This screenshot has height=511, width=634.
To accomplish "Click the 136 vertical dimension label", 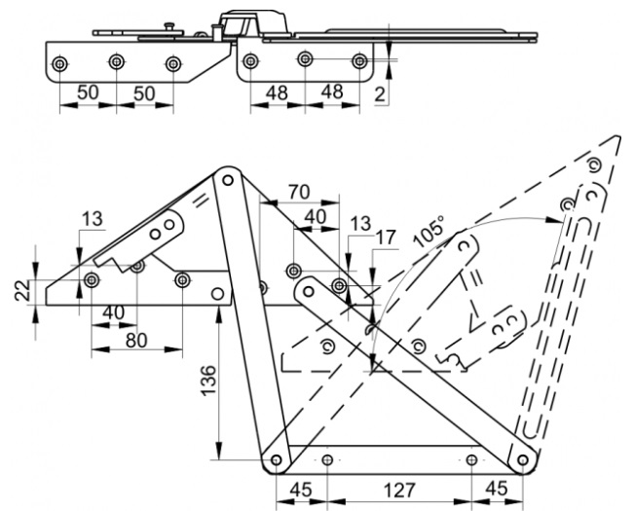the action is point(209,381).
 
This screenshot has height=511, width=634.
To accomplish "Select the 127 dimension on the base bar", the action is point(398,491).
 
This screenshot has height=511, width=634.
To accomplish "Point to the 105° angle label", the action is point(429,232).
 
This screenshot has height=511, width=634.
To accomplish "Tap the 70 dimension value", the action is point(299,192).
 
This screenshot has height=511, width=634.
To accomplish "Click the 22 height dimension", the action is point(22,290).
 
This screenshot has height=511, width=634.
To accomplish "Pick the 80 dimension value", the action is point(136,341).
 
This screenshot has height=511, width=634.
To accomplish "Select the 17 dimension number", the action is point(386,237).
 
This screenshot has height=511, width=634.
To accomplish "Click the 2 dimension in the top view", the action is point(380,94).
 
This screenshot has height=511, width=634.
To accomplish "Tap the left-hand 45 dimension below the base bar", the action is point(301,490).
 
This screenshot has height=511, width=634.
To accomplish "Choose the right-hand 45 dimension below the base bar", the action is point(497,489).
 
